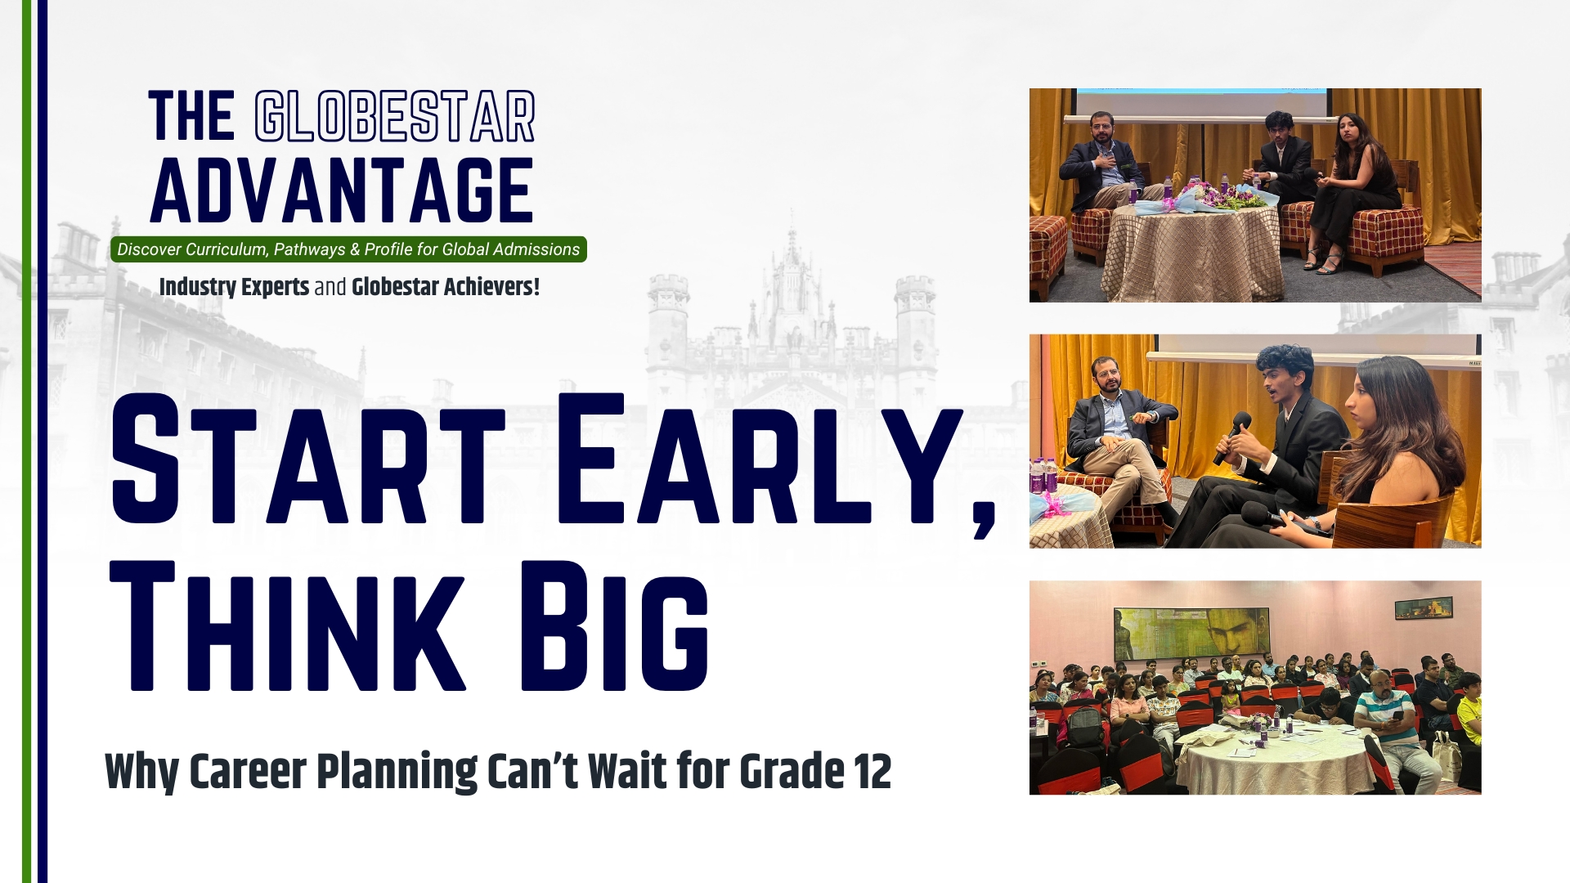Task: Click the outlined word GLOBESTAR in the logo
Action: click(x=395, y=116)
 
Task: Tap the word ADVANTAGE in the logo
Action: click(x=342, y=190)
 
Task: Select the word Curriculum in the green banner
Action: click(x=227, y=249)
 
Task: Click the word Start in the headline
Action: click(x=308, y=459)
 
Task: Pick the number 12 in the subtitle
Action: click(x=870, y=771)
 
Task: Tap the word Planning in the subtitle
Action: click(x=397, y=773)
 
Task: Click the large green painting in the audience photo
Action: click(x=1191, y=634)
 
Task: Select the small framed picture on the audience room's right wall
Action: click(x=1424, y=607)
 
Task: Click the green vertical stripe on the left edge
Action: click(x=26, y=441)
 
